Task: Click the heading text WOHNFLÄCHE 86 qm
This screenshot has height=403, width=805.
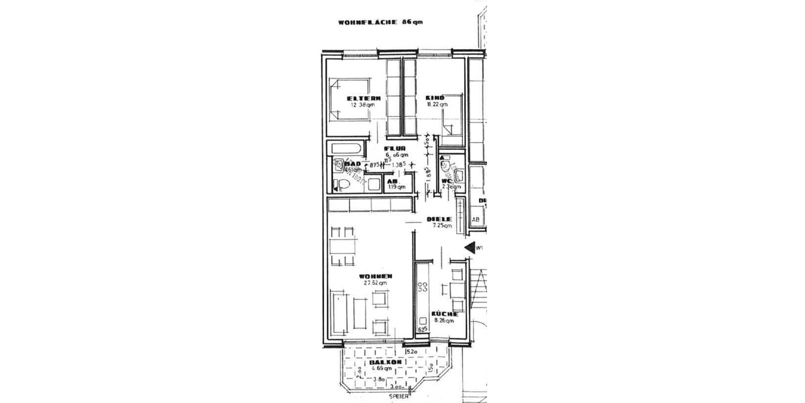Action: (380, 22)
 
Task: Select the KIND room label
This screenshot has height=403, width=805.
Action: (435, 98)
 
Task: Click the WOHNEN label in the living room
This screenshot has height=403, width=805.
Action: (375, 277)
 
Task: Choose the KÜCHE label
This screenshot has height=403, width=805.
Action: (445, 314)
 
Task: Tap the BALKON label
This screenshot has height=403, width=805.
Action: (386, 363)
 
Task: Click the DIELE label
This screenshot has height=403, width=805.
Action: (439, 219)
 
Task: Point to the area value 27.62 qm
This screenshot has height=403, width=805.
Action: (375, 283)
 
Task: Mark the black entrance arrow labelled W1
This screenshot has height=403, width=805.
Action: (470, 248)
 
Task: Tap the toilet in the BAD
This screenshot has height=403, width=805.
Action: (342, 185)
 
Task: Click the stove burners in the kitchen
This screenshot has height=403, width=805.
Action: (423, 288)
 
